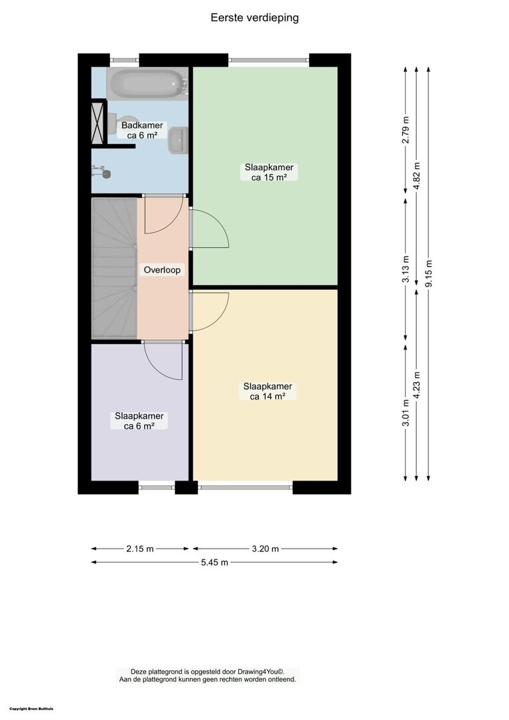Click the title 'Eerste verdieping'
point(255,17)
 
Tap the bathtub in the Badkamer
point(147,83)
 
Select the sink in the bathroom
point(178,139)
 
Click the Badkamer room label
point(142,130)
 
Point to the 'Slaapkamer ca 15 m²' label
point(270,172)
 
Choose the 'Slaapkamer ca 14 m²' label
point(268,391)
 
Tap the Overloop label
point(162,269)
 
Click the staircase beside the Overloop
point(114,268)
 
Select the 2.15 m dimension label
point(139,548)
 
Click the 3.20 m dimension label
point(265,548)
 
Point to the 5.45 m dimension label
point(215,562)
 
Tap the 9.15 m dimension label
point(429,274)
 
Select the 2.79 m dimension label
point(406,130)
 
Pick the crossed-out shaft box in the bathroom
point(97,123)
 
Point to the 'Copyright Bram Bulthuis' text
point(31,709)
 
